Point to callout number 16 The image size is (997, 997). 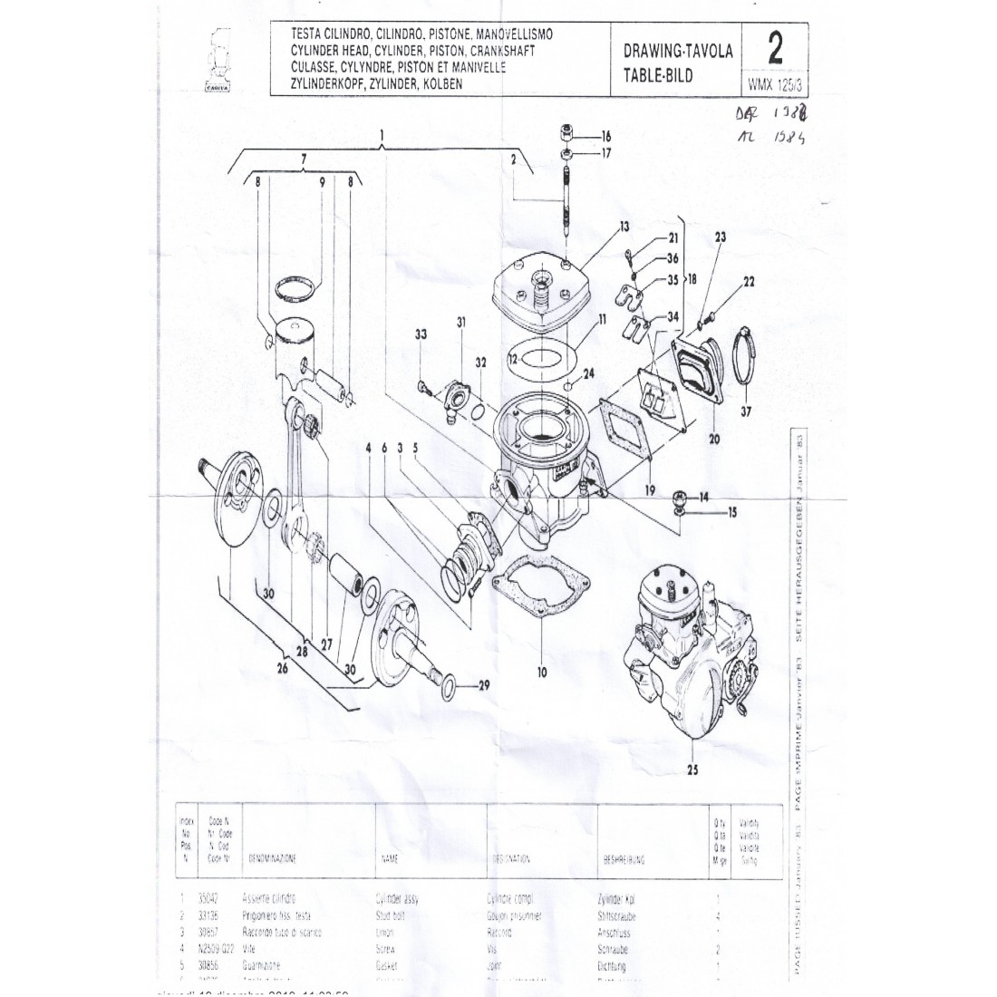coord(605,136)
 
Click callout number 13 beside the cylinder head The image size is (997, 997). coord(624,226)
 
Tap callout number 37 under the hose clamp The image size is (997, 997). coord(745,412)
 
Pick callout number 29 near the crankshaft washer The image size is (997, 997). coord(483,684)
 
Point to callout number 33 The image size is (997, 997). coord(421,334)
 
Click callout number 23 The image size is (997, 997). coord(721,237)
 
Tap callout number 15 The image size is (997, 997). coord(731,512)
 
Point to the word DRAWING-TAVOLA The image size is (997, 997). coord(678,52)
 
